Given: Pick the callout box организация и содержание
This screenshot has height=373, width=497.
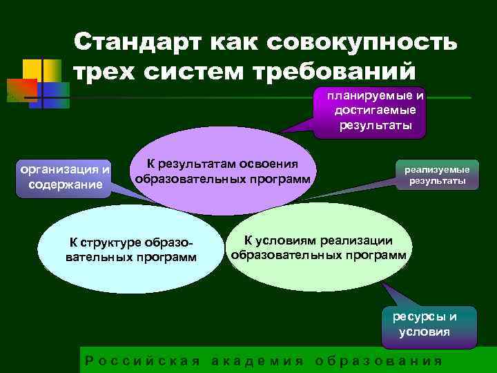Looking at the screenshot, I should (x=66, y=176).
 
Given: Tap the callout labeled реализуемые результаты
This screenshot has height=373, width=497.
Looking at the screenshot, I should (x=436, y=175).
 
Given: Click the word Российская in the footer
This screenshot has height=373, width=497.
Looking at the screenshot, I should (x=142, y=361).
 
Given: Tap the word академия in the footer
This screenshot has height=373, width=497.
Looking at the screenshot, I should (x=257, y=361).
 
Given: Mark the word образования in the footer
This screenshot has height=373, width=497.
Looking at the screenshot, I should (x=378, y=361).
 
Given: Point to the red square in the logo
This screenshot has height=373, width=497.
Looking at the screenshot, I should (x=21, y=90).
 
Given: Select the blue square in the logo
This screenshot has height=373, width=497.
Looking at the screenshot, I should (x=56, y=93).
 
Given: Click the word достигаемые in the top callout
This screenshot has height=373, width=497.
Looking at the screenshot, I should (x=375, y=111).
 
